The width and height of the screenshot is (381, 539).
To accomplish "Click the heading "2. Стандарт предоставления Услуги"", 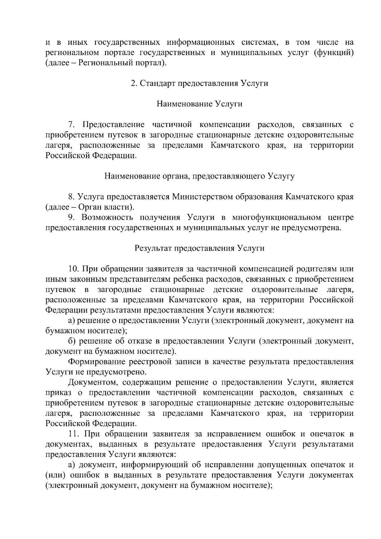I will click(199, 84).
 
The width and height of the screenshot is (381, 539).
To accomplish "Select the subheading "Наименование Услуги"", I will click(199, 104).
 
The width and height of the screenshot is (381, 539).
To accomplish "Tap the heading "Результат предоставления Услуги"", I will click(199, 248).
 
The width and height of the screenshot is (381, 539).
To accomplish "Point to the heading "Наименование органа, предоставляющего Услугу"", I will click(199, 176).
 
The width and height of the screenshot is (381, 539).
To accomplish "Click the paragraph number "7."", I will click(71, 125).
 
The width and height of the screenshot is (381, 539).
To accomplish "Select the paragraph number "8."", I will click(71, 197).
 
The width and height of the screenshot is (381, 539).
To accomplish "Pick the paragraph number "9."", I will click(71, 218).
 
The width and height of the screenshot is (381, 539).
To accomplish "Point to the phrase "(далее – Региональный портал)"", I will click(106, 63).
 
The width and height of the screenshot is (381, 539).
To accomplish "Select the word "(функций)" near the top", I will click(333, 53).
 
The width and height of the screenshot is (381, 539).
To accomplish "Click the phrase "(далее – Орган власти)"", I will click(90, 207).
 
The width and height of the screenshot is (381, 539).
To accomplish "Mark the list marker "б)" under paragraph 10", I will click(72, 341).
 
